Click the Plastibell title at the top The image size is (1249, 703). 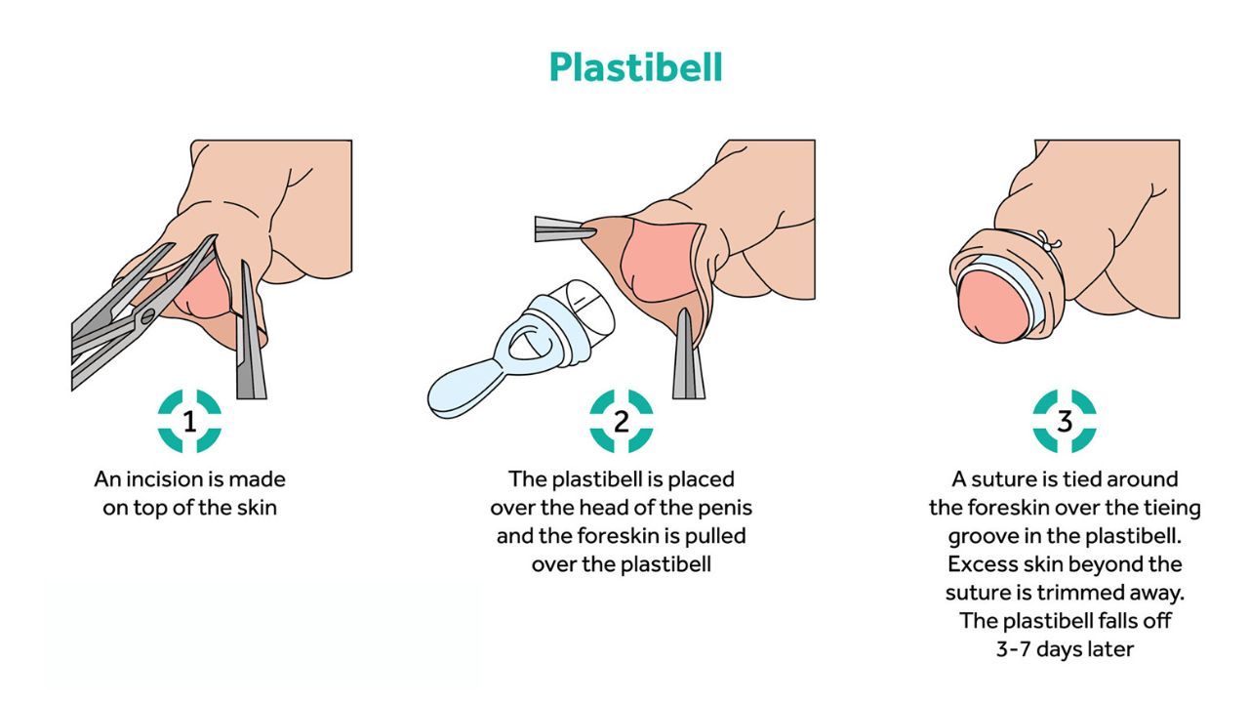pos(635,67)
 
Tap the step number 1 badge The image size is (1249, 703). pos(189,421)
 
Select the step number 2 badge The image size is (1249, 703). pos(622,421)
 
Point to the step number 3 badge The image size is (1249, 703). pos(1065,421)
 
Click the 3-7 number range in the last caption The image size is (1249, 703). pos(1014,649)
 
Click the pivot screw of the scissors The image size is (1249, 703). pos(147,317)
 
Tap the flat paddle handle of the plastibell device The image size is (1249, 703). pos(468,390)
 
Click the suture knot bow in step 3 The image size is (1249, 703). pos(1049,243)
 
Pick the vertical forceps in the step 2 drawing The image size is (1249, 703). pos(688,354)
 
